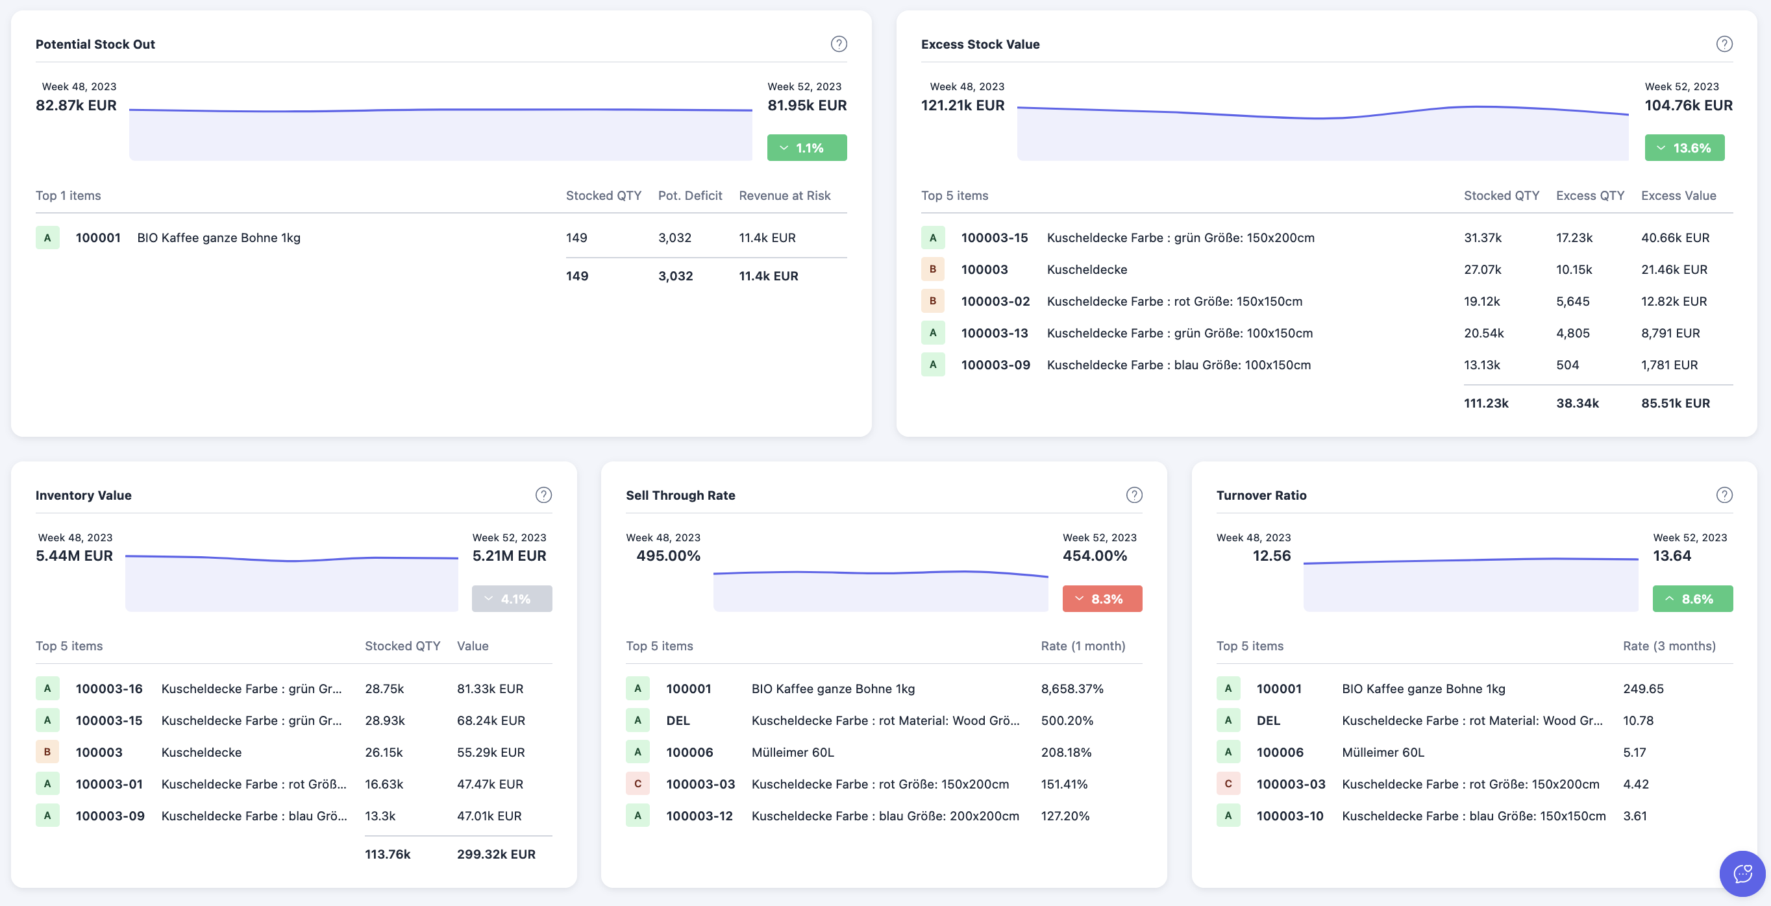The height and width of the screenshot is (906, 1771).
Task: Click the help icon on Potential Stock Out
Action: [x=838, y=44]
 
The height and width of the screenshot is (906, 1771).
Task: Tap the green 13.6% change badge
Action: [x=1684, y=148]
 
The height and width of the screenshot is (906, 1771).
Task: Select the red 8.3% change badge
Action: [x=1102, y=599]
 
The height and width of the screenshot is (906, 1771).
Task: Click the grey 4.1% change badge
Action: [x=512, y=599]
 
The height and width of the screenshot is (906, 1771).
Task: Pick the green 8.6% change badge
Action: [x=1692, y=599]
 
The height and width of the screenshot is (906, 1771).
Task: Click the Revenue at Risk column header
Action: [x=784, y=195]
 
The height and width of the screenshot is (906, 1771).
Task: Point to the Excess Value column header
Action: [x=1678, y=195]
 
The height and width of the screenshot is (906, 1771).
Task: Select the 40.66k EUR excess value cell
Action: [x=1675, y=238]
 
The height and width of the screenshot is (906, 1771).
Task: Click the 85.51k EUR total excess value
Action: [x=1675, y=404]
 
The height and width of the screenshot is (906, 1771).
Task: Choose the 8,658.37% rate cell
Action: [x=1072, y=689]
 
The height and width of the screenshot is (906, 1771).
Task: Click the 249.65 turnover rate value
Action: [x=1643, y=689]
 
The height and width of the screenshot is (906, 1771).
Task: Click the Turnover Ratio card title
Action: [x=1261, y=495]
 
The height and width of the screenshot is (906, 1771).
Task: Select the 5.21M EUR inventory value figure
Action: [x=509, y=556]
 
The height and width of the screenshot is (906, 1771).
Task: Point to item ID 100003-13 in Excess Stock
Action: [x=994, y=334]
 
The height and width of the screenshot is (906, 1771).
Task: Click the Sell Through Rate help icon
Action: [x=1133, y=495]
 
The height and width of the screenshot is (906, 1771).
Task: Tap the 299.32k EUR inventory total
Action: [x=496, y=854]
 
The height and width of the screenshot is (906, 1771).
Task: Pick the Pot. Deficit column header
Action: [x=689, y=195]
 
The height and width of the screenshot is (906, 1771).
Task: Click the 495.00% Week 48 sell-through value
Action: [x=667, y=556]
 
